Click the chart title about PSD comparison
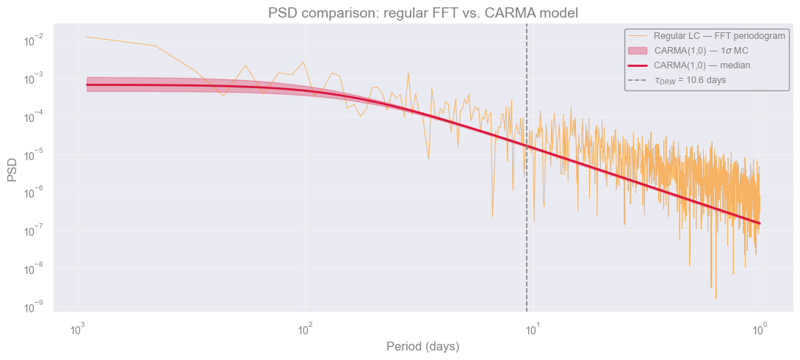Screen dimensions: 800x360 pyautogui.click(x=423, y=12)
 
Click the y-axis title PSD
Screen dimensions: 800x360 pyautogui.click(x=12, y=170)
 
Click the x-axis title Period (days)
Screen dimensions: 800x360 pyautogui.click(x=423, y=347)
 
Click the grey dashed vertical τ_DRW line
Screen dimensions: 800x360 pyautogui.click(x=527, y=168)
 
